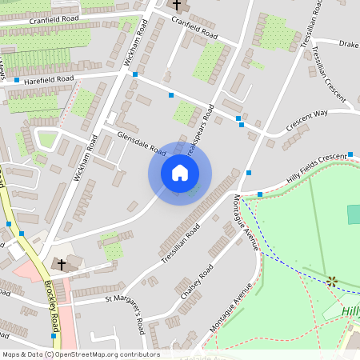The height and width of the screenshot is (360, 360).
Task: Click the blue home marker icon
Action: coord(180,173)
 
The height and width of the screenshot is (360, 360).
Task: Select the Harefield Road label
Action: coord(48,79)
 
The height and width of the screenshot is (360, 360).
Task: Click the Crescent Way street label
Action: coord(307,121)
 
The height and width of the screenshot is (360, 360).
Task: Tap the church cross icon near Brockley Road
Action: coord(62,263)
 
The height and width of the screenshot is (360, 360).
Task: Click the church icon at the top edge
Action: coord(177,5)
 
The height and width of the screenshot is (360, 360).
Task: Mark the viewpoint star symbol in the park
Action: coord(330,280)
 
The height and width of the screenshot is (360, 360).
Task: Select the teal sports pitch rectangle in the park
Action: coord(354,214)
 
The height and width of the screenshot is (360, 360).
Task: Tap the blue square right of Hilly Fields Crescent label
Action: coord(351,154)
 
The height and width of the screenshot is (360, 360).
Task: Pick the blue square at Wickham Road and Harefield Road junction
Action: coord(134,74)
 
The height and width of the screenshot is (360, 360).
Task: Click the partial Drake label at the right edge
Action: coord(349,43)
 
